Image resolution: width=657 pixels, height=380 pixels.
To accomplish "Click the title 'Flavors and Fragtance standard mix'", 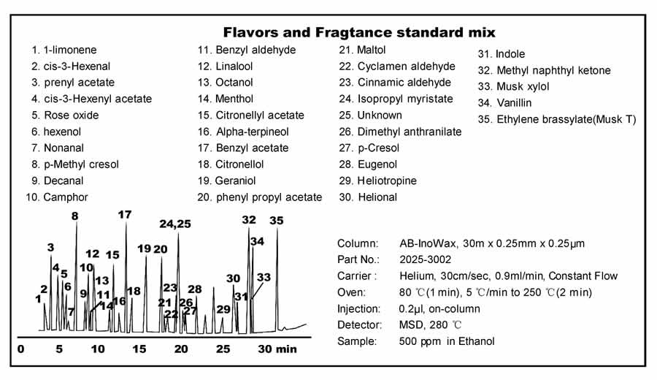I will coord(358,32).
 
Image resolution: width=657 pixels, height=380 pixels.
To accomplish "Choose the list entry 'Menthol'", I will coord(235,99).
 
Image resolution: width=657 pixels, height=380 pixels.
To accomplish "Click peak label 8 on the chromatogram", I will coord(74,216).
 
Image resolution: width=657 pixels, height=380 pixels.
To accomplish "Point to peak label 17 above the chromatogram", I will coord(125,215).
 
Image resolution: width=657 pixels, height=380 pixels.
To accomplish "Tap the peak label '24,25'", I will coord(175,224).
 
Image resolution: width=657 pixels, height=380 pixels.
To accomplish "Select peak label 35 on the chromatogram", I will coord(276,220).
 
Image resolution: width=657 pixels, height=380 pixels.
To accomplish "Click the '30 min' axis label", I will coord(277,349).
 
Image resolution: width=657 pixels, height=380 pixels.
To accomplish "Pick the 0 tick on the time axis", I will coord(21,349).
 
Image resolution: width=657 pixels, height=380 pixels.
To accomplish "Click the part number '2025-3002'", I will coord(425,259).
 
